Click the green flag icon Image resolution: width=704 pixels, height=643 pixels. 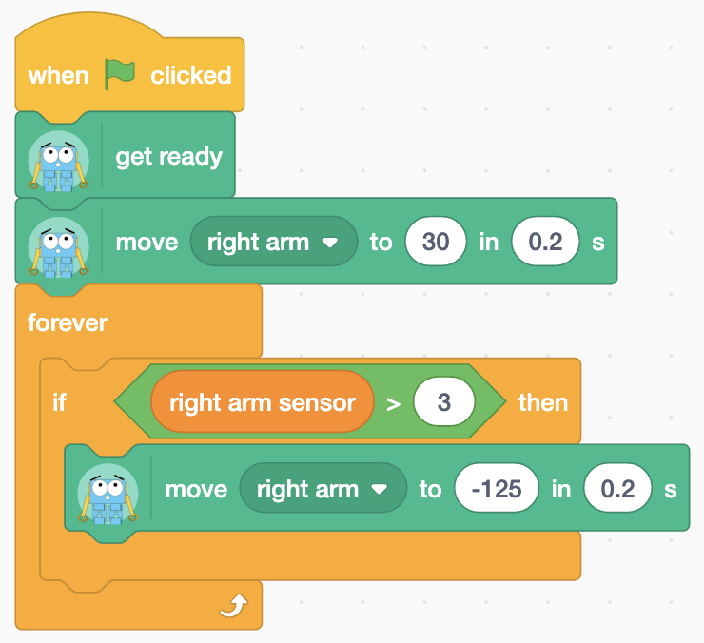tap(120, 74)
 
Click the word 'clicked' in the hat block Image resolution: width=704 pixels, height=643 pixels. tap(191, 75)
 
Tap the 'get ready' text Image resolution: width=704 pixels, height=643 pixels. tap(168, 157)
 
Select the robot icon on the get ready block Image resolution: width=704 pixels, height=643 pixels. tap(58, 161)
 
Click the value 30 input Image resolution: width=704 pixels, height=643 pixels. tap(436, 242)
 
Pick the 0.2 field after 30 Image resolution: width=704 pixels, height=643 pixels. tap(545, 242)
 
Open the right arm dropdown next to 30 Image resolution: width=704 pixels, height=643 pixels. tap(273, 242)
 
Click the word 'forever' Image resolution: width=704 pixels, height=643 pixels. tap(68, 322)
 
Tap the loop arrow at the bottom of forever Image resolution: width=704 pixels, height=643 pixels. tap(234, 605)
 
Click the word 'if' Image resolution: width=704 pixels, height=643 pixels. tap(60, 402)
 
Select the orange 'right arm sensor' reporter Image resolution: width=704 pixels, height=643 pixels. tap(263, 402)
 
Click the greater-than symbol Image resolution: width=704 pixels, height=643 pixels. tap(393, 404)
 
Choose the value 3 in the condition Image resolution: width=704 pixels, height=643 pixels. tap(443, 401)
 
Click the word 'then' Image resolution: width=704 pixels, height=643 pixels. tap(543, 402)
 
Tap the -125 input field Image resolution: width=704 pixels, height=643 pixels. tap(496, 488)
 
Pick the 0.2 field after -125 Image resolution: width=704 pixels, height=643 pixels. tap(617, 488)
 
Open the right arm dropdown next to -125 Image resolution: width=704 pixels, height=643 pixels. tap(323, 488)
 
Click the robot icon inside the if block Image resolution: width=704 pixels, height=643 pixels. tap(108, 494)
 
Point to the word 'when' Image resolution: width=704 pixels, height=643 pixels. tap(58, 75)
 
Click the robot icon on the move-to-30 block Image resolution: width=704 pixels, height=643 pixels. tap(58, 247)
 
